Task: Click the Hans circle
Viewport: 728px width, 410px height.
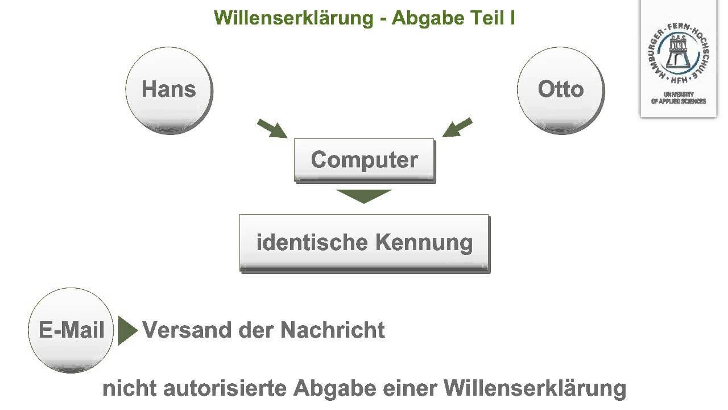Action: click(168, 90)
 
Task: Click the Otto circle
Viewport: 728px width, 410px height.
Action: click(560, 90)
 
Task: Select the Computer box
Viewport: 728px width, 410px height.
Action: click(364, 160)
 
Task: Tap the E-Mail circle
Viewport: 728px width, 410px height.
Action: click(71, 330)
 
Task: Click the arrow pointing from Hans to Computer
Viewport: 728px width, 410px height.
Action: click(272, 129)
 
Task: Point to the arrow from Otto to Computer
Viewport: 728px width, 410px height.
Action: click(457, 128)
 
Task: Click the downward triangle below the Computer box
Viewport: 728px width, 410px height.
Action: click(364, 195)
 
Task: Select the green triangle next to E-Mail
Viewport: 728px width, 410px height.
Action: click(127, 330)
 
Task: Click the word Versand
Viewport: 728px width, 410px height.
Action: click(181, 330)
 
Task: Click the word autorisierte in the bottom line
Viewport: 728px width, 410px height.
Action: click(225, 389)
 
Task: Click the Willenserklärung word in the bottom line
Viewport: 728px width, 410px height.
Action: click(535, 389)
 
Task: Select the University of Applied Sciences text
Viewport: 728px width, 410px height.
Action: click(679, 98)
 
